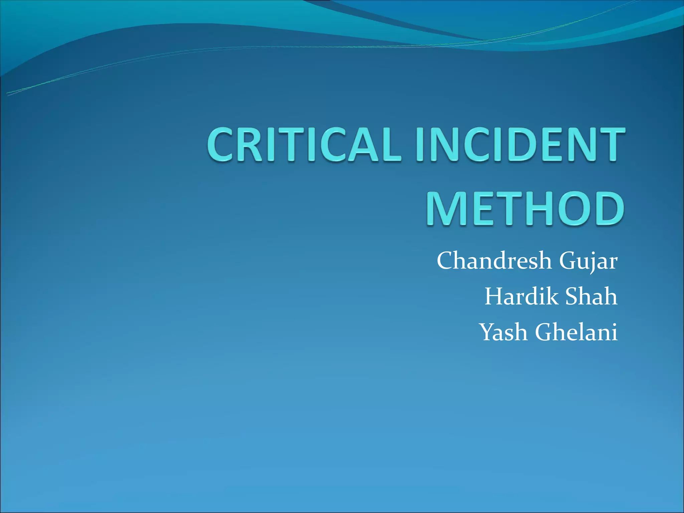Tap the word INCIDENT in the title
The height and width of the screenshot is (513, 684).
(520, 145)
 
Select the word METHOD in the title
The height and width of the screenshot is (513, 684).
(525, 209)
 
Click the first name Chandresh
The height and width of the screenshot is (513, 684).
(494, 261)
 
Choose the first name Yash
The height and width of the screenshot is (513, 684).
(504, 332)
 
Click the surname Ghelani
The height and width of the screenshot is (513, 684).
(576, 332)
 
